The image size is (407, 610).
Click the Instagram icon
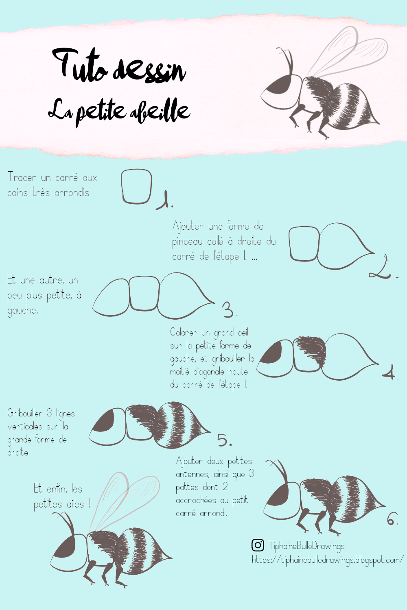point(258,545)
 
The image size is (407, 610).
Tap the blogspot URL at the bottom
point(327,560)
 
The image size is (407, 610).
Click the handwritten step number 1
point(165,200)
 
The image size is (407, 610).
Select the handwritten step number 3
point(229,310)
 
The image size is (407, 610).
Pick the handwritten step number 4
point(389,372)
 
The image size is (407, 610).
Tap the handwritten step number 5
point(224,440)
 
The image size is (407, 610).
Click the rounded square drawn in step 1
point(137,186)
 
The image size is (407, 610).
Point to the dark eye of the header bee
point(278,85)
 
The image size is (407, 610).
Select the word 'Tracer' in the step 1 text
point(22,177)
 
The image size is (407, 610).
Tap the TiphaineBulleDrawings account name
point(306,546)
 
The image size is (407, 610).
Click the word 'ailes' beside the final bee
point(75,504)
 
